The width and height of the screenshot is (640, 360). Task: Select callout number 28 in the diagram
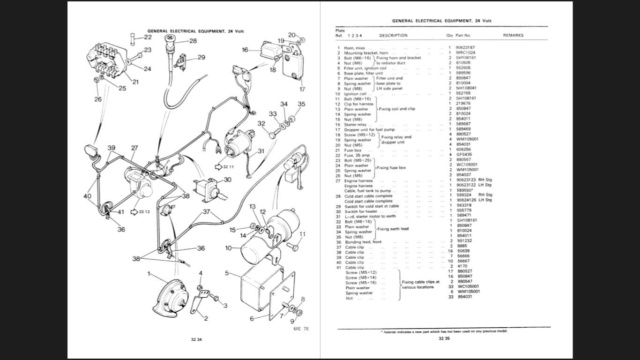click(193, 41)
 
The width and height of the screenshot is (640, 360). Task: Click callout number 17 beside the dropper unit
click(302, 89)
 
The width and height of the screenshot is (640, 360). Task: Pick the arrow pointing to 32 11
click(218, 166)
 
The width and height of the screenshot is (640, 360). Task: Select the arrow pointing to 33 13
click(134, 212)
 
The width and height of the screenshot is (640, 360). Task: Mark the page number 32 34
click(197, 339)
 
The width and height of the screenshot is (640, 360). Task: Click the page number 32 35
click(444, 338)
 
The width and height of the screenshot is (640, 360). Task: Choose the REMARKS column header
click(513, 35)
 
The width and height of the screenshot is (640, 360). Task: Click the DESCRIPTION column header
click(393, 35)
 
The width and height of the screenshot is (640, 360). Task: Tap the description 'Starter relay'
click(355, 125)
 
